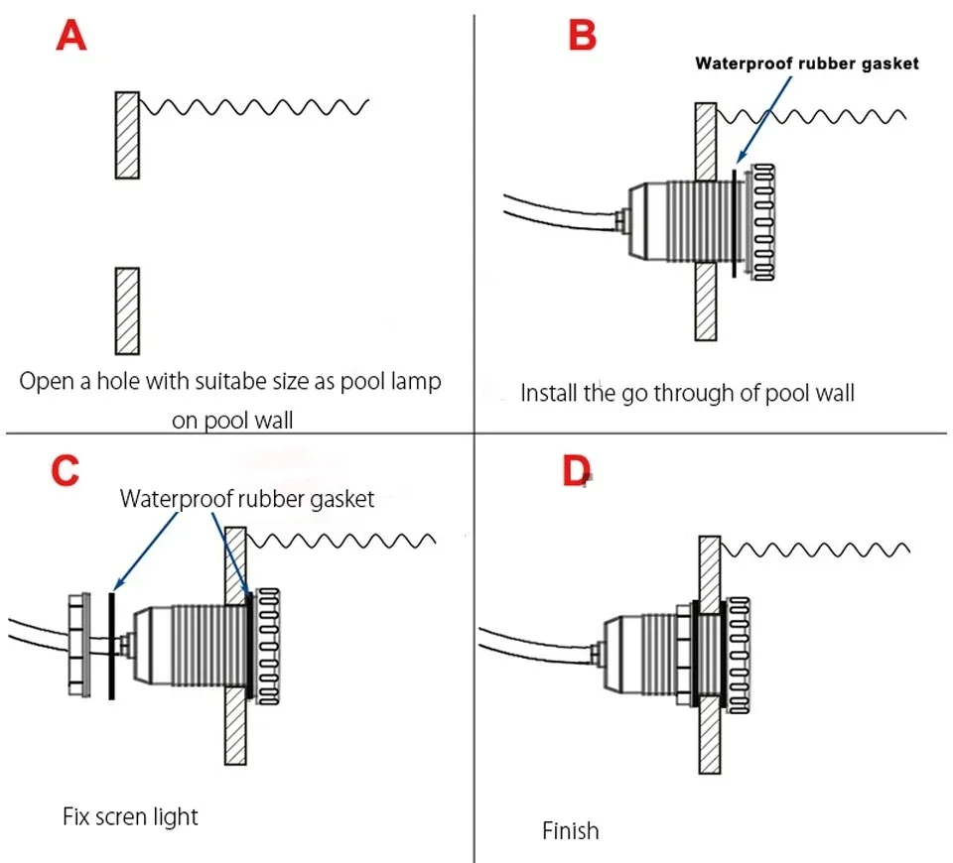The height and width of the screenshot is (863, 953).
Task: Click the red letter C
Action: pos(65,469)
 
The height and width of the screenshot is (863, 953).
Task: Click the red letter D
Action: pos(576,470)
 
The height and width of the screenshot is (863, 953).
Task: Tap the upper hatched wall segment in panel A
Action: pos(126,135)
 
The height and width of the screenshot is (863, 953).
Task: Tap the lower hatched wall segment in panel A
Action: pos(126,310)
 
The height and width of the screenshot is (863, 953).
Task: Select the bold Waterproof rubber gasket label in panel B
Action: pos(806,63)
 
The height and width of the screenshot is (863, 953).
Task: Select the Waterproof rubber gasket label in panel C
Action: pos(247,499)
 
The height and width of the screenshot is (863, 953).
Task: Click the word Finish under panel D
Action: pos(571,829)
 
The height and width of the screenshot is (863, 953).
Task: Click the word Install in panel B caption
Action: pos(546,393)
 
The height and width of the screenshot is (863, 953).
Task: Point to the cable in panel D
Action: pos(536,651)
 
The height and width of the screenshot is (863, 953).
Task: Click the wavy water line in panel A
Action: pos(254,105)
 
